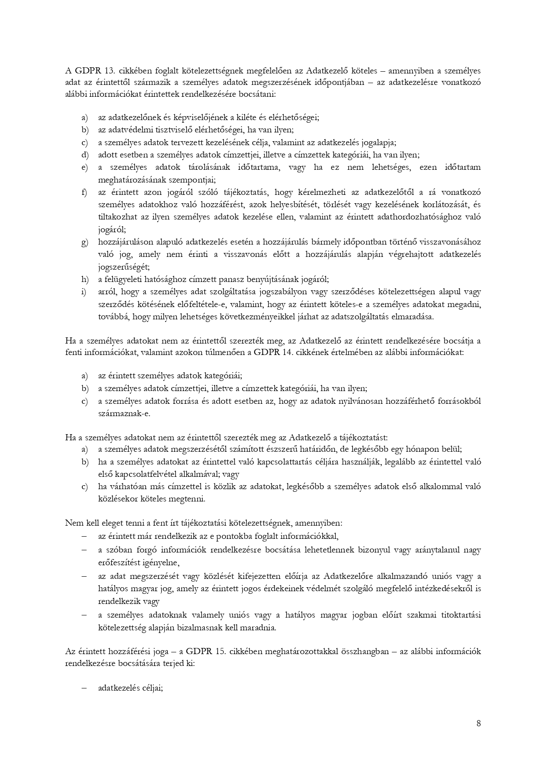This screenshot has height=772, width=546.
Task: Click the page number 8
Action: (x=479, y=724)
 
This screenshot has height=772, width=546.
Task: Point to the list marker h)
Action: (x=84, y=279)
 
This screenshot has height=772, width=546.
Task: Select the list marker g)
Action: (x=84, y=242)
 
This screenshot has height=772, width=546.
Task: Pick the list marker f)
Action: (x=84, y=192)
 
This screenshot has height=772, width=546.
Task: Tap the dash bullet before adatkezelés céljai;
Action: (x=84, y=689)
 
